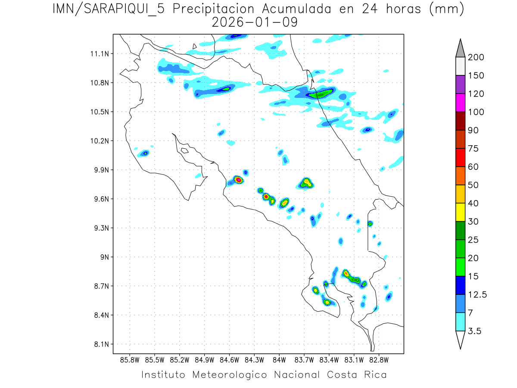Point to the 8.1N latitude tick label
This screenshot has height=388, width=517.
click(x=100, y=344)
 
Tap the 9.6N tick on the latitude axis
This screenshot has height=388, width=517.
click(x=100, y=199)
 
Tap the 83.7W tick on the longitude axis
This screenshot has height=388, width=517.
click(x=304, y=360)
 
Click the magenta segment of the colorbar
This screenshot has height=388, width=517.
click(x=460, y=103)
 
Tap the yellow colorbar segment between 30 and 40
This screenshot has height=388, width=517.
click(x=460, y=212)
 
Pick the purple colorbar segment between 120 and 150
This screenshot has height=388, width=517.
click(x=460, y=84)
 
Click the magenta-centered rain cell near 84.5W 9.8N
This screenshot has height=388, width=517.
click(x=238, y=179)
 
